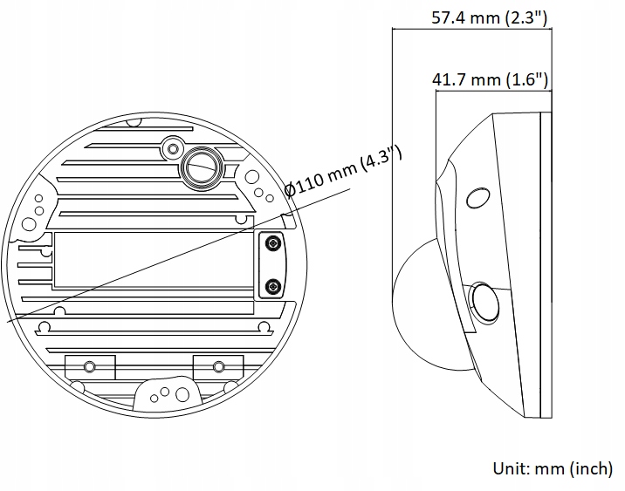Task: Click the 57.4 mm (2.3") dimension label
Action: click(x=490, y=17)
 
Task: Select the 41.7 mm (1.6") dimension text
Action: click(x=491, y=80)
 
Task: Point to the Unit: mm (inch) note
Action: click(x=553, y=468)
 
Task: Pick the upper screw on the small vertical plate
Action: click(x=273, y=242)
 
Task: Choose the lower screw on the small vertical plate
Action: click(x=273, y=286)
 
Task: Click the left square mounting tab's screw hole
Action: click(x=89, y=365)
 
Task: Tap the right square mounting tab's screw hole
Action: click(x=216, y=365)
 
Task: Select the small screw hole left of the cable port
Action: click(x=171, y=145)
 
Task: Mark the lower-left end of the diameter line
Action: click(x=7, y=323)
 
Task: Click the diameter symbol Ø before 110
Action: click(x=292, y=189)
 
